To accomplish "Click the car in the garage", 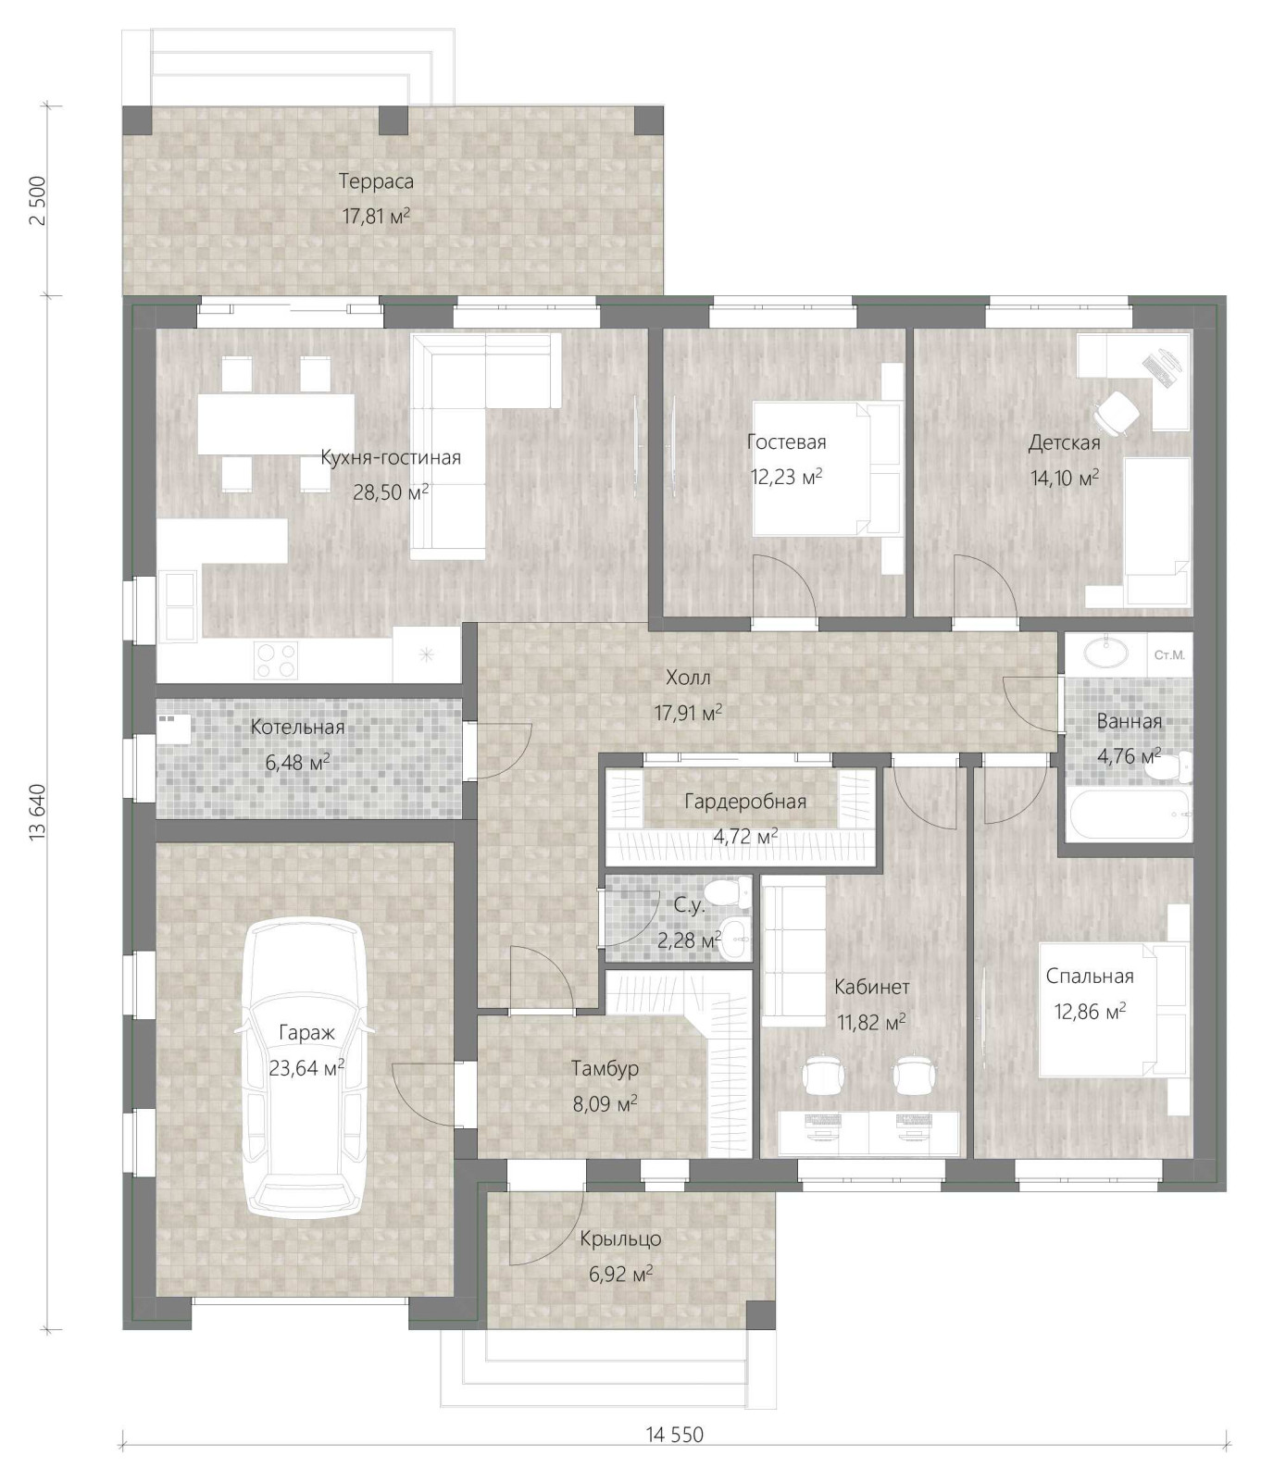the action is pyautogui.click(x=305, y=1067).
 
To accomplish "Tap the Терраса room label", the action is pyautogui.click(x=376, y=181).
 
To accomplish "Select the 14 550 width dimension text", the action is pyautogui.click(x=675, y=1435).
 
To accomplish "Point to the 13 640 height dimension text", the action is pyautogui.click(x=38, y=812).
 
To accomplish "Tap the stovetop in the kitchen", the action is pyautogui.click(x=276, y=660).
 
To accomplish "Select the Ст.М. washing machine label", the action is pyautogui.click(x=1169, y=655).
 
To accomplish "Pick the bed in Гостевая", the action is pyautogui.click(x=827, y=468).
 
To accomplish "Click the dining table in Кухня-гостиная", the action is pyautogui.click(x=276, y=424).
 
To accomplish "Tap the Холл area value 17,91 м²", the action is pyautogui.click(x=688, y=713).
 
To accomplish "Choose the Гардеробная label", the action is pyautogui.click(x=745, y=802).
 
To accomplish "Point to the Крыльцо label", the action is pyautogui.click(x=620, y=1238).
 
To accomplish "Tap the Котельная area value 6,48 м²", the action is pyautogui.click(x=297, y=763).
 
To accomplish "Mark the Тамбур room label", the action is pyautogui.click(x=605, y=1069).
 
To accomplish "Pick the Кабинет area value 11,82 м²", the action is pyautogui.click(x=871, y=1023).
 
